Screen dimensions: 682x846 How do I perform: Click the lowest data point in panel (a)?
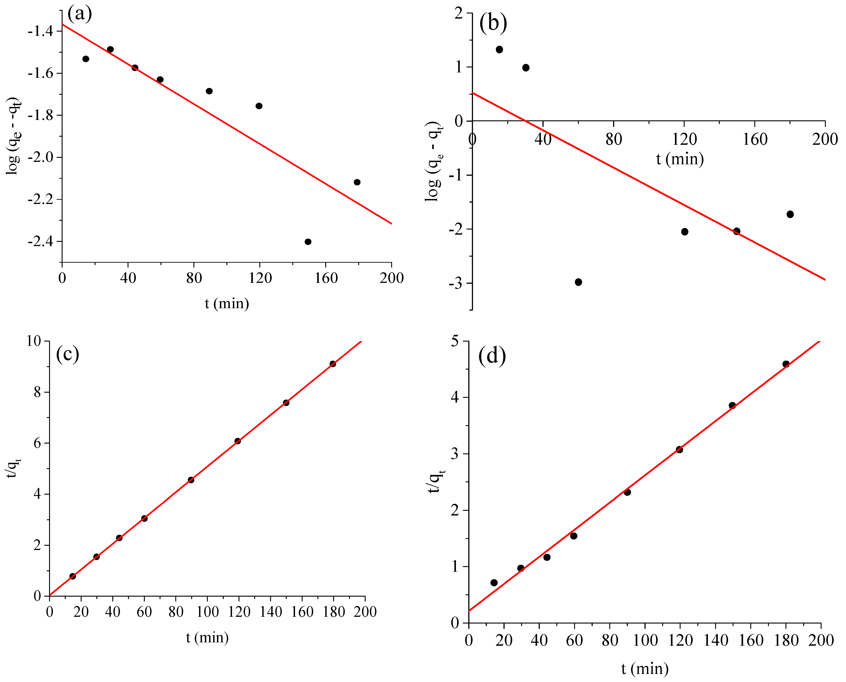click(x=308, y=242)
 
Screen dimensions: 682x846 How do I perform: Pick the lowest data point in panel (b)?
click(x=578, y=282)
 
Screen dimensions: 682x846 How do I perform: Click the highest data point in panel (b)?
click(x=499, y=50)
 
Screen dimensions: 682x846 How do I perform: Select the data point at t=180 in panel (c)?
click(x=333, y=364)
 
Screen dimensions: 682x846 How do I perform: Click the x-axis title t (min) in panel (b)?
click(x=680, y=159)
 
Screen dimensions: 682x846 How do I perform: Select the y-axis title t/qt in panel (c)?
click(x=14, y=468)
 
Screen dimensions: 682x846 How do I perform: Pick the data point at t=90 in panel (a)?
click(x=209, y=91)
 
